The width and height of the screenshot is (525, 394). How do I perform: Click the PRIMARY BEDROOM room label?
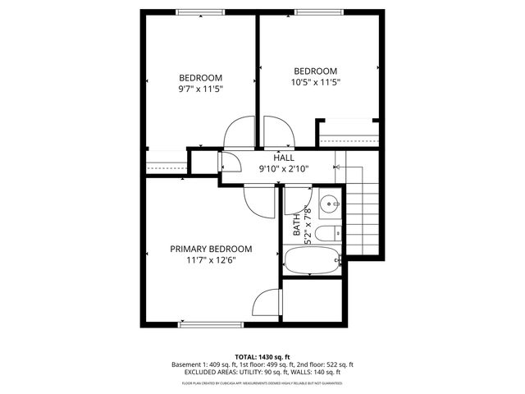(x=211, y=249)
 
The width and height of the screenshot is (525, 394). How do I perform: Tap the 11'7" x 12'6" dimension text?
(x=211, y=260)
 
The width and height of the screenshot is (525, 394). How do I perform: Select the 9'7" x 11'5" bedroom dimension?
(x=201, y=89)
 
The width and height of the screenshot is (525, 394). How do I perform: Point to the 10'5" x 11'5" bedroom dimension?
(x=316, y=82)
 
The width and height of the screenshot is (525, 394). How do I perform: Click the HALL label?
(x=284, y=158)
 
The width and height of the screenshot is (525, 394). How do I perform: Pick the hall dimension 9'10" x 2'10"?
(x=284, y=169)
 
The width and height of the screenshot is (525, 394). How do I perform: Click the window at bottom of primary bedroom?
(x=211, y=324)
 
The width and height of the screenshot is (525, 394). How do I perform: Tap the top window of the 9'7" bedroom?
(x=201, y=11)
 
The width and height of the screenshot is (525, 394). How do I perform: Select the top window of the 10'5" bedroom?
(x=319, y=11)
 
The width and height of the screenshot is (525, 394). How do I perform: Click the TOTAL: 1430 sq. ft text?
(x=262, y=357)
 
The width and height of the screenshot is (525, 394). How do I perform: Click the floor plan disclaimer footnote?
(x=262, y=383)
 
